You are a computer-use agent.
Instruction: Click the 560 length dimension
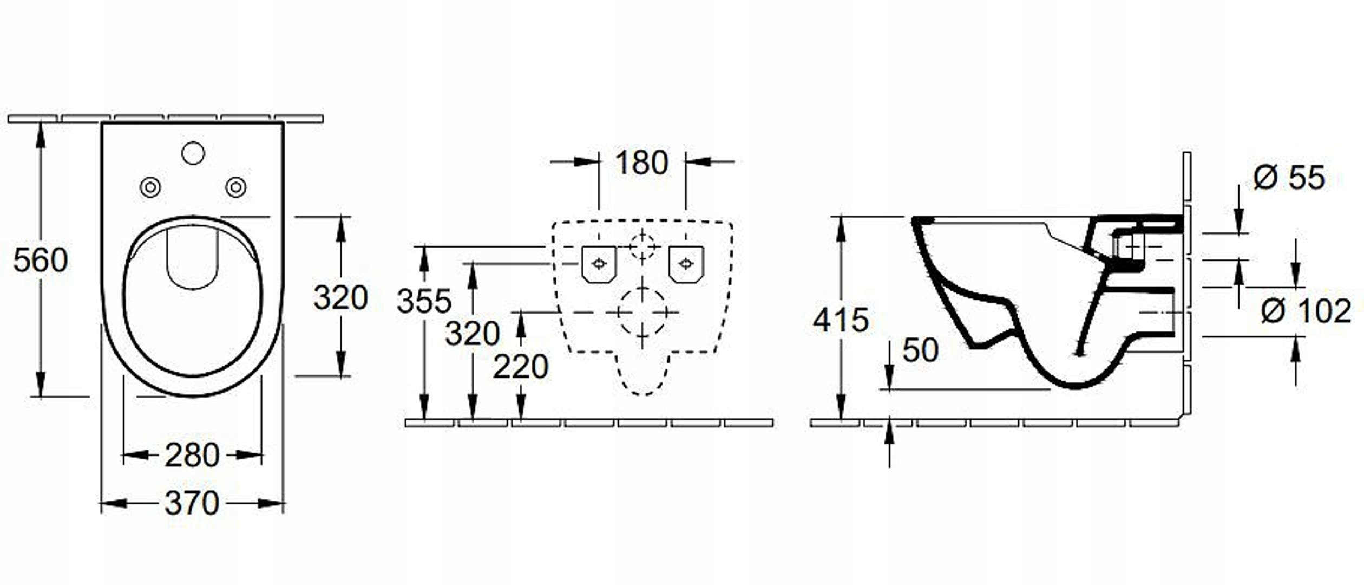[41, 260]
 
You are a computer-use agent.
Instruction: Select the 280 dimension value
[192, 455]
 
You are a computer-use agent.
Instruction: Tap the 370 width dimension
[192, 504]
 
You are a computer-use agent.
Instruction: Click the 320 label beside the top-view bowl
[340, 297]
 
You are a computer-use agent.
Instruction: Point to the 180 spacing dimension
[641, 162]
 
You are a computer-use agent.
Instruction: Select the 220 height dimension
[520, 367]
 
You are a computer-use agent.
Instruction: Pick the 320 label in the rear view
[472, 333]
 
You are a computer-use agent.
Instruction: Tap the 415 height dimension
[841, 320]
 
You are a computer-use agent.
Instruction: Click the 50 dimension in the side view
[920, 350]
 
